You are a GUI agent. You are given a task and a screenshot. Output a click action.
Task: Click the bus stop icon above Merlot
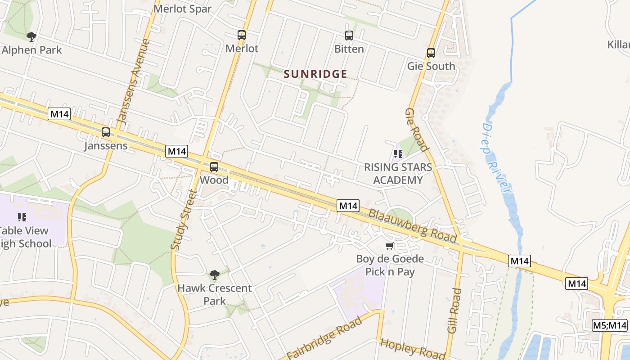[242, 35]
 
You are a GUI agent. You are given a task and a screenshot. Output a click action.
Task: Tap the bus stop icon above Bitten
[349, 36]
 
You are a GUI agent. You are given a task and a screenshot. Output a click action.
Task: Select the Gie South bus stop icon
[431, 53]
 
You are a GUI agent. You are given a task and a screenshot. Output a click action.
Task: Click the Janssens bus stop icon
[106, 132]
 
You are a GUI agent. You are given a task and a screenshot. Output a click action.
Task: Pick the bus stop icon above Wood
[214, 167]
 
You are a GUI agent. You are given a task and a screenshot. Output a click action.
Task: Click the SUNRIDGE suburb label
[315, 74]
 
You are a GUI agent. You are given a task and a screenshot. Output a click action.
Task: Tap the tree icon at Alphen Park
[31, 36]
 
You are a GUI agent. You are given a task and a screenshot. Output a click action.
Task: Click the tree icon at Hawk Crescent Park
[215, 274]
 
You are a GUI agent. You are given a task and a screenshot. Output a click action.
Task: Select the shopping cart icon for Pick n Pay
[389, 246]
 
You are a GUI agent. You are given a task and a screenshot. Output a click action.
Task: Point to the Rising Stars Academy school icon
[398, 154]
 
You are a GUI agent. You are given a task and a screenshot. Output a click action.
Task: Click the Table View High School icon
[22, 217]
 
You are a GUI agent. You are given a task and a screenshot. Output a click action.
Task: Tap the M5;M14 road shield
[609, 325]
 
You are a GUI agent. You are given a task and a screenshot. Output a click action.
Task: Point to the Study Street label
[184, 220]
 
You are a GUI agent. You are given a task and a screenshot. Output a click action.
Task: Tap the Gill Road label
[455, 310]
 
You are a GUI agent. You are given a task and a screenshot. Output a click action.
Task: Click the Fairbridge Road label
[324, 338]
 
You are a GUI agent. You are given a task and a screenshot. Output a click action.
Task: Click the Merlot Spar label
[182, 9]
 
